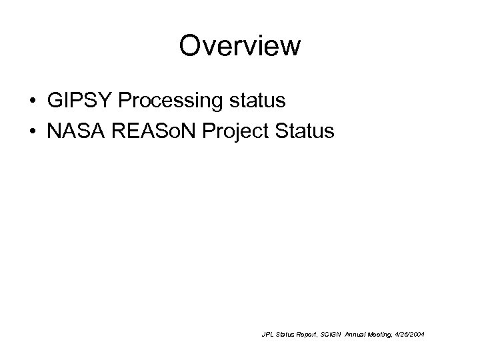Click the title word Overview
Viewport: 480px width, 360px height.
[x=240, y=46]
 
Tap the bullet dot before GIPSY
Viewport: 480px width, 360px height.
[x=32, y=102]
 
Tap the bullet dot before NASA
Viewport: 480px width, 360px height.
[x=32, y=131]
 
